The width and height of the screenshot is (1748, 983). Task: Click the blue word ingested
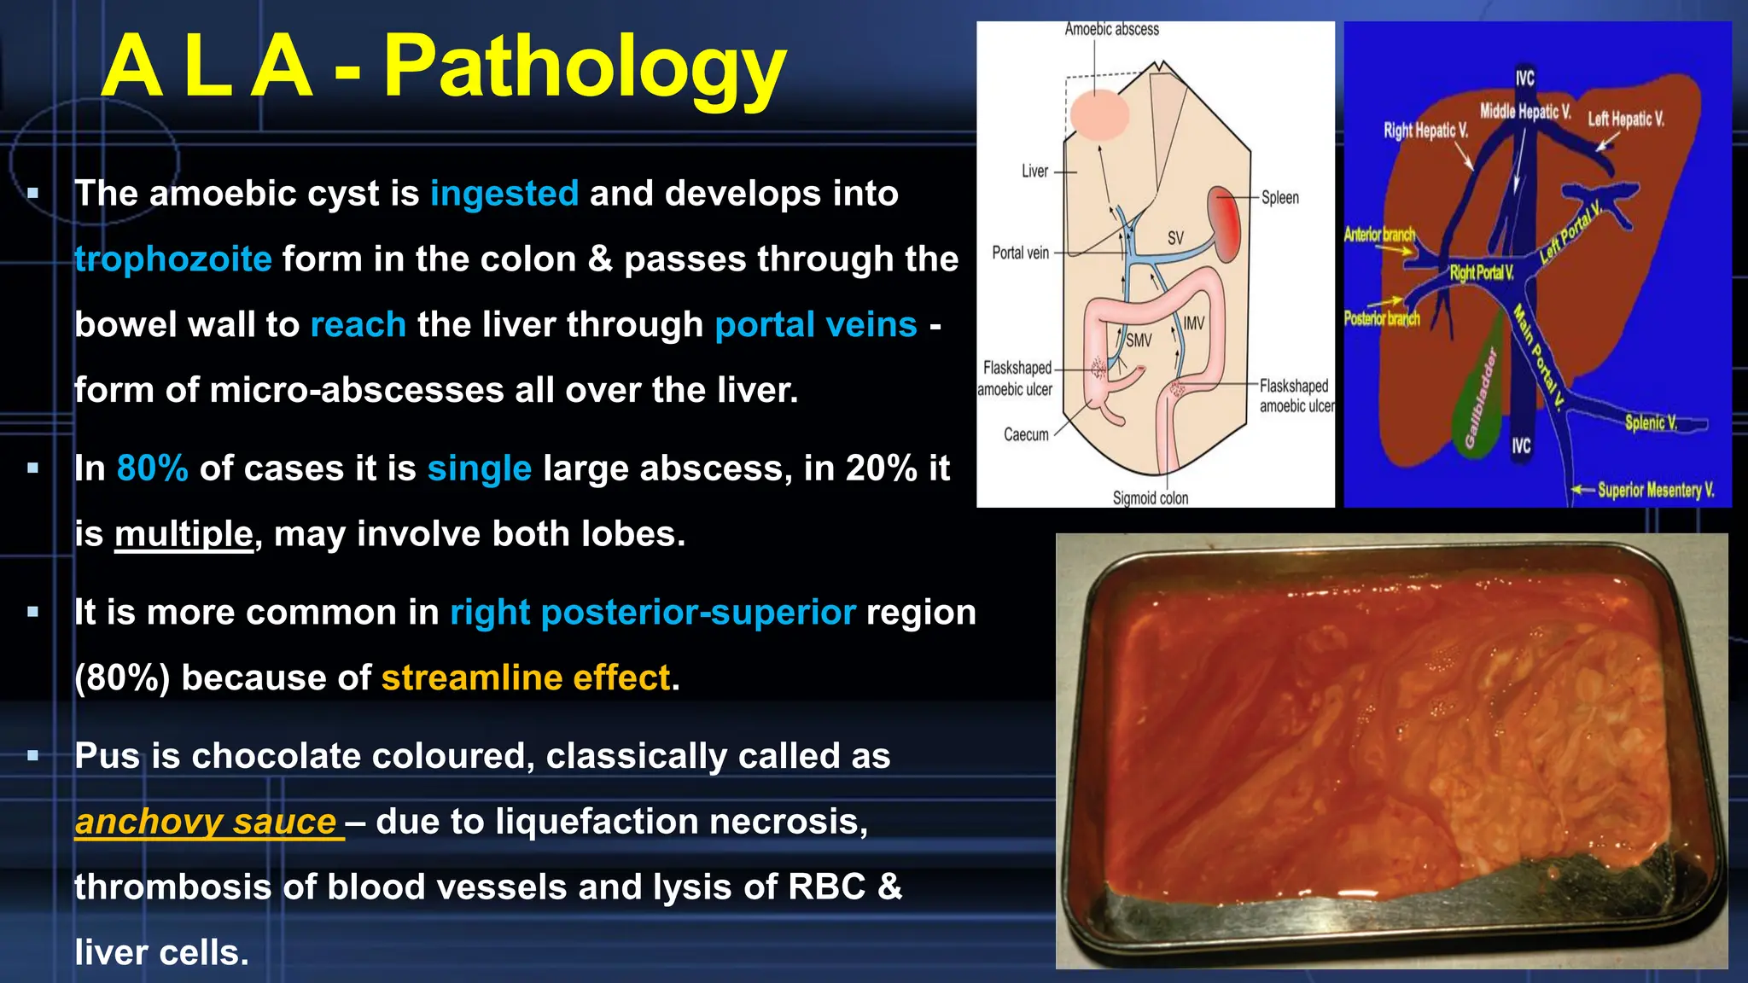(504, 194)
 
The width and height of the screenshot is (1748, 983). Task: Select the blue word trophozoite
(173, 259)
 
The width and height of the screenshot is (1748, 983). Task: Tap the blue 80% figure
(152, 468)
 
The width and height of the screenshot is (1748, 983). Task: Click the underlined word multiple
(184, 534)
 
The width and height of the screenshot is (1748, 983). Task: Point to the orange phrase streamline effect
(526, 678)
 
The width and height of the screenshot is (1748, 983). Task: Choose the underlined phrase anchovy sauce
(206, 822)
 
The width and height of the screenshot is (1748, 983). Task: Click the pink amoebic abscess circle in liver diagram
(1100, 114)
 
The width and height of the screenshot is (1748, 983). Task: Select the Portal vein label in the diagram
(1020, 253)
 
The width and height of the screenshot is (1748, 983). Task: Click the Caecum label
(1026, 435)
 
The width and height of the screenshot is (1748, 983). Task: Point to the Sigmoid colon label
(1150, 498)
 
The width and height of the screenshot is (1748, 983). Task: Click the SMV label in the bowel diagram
(1139, 340)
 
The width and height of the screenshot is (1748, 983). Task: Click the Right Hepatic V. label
(1425, 131)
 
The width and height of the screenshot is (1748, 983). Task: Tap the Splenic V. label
(1651, 422)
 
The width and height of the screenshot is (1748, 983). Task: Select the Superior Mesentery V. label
(1655, 491)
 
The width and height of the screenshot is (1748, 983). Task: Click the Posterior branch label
(1381, 319)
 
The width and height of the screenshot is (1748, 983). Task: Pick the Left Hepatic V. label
(1625, 119)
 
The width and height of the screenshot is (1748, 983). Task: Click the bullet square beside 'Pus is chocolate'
(33, 756)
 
